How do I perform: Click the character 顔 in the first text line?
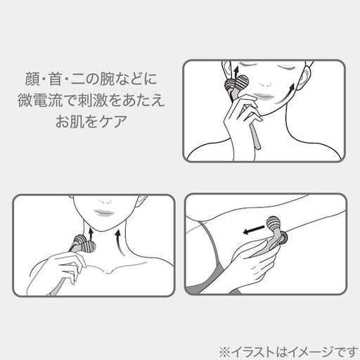tap(32, 79)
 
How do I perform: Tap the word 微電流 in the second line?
tap(40, 101)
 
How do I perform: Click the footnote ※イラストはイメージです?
tap(288, 352)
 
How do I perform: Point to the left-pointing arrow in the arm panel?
tap(254, 229)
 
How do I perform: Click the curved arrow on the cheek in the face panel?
tap(285, 94)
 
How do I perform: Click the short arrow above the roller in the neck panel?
tap(91, 233)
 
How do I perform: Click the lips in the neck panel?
tap(104, 212)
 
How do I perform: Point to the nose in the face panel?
tap(266, 84)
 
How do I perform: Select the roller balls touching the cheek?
tap(236, 83)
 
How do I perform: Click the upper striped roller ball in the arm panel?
tap(274, 224)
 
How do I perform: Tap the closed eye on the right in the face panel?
tap(289, 68)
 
